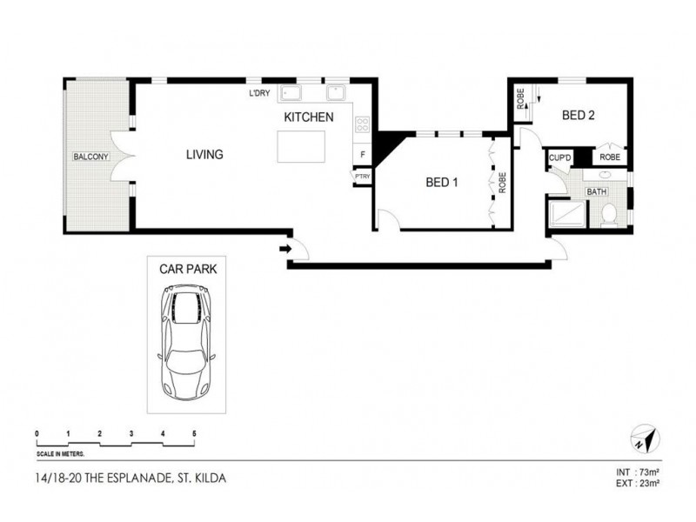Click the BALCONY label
(x=90, y=157)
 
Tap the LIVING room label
(x=204, y=155)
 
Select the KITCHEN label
(x=307, y=117)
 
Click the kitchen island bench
(x=301, y=146)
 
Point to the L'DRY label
(x=259, y=94)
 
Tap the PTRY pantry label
(x=362, y=176)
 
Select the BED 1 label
(x=441, y=183)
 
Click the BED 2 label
(x=578, y=115)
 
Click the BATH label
(x=597, y=191)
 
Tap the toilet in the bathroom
(x=609, y=212)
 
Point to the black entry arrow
(x=284, y=251)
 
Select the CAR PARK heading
(x=188, y=270)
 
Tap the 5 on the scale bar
(x=193, y=433)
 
